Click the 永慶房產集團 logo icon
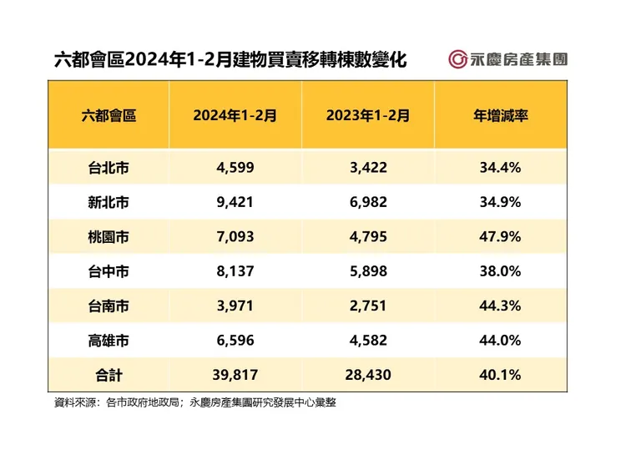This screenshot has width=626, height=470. [458, 59]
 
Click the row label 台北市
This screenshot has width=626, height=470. [109, 168]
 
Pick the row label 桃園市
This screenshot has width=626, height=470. [109, 237]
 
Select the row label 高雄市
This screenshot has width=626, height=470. [109, 341]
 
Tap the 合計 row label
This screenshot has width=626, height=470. [109, 375]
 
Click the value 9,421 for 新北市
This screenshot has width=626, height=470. [235, 202]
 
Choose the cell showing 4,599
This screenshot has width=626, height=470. [235, 168]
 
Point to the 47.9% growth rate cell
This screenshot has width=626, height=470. [501, 237]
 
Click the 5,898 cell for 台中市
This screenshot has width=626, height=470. [367, 271]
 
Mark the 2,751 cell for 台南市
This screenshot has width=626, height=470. [367, 306]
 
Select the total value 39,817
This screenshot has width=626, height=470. [235, 375]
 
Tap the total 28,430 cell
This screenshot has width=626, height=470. [367, 375]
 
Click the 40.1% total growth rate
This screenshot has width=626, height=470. [501, 375]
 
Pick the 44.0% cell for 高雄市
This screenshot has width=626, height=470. [501, 341]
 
